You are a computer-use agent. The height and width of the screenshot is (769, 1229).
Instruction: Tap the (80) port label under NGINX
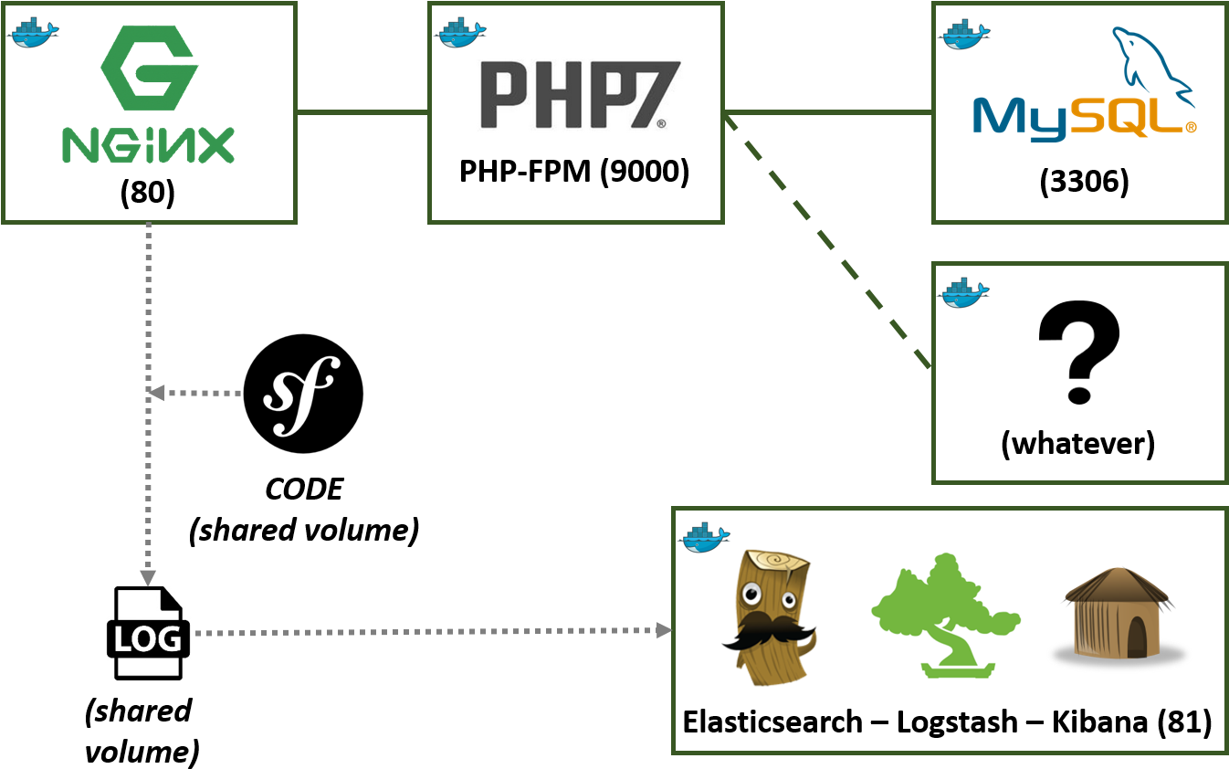click(148, 194)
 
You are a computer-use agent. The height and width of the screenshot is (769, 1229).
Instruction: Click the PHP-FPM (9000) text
click(574, 171)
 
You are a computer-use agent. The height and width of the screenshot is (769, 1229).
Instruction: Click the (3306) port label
click(1084, 182)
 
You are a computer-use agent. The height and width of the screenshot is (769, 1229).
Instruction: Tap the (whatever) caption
click(1078, 444)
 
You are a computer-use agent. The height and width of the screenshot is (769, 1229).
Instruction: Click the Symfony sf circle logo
click(302, 393)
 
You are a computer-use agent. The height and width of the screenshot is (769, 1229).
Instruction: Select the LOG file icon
click(148, 633)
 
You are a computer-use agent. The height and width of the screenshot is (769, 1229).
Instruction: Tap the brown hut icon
click(1119, 613)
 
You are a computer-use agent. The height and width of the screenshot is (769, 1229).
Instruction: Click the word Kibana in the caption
click(1100, 722)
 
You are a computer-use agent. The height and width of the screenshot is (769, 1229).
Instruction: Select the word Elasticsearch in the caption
click(772, 722)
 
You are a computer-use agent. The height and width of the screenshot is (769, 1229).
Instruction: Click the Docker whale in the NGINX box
click(33, 32)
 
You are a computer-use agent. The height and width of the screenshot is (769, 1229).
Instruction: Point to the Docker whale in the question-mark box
click(965, 292)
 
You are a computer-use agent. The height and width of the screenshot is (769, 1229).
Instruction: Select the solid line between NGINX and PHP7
click(362, 113)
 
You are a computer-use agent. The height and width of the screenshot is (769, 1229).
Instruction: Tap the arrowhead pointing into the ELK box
click(664, 631)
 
